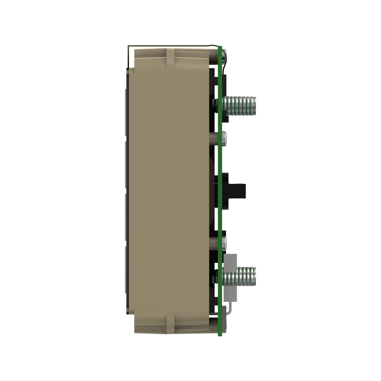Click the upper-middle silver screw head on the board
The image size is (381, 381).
coord(225,138)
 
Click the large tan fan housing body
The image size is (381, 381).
coord(168,190)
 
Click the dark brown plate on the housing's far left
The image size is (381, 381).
coord(127,190)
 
